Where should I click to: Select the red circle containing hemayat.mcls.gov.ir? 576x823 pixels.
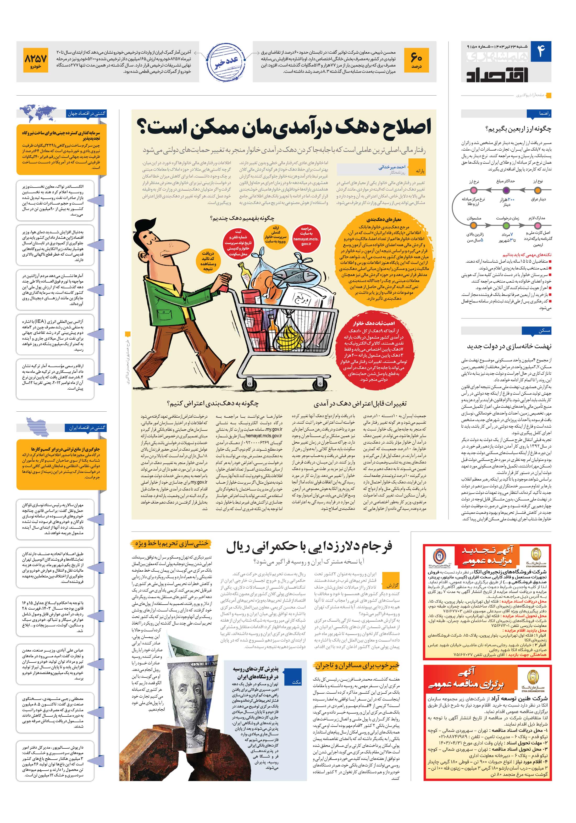306,236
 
